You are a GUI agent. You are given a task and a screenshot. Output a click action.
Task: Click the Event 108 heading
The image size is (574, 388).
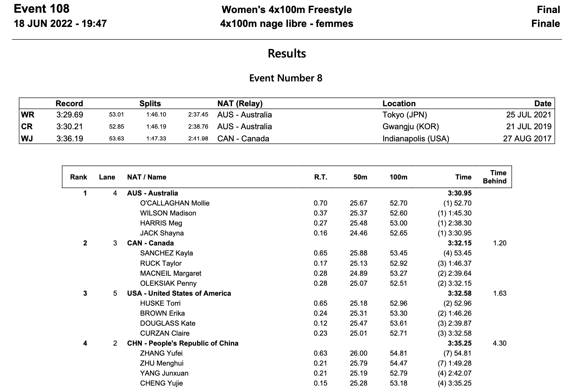tap(41, 9)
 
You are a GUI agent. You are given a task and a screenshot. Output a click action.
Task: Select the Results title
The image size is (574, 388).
tap(287, 54)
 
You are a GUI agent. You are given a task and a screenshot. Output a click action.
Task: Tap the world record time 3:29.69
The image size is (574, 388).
tap(70, 115)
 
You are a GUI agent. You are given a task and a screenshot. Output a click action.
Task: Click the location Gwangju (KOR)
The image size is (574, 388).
tap(411, 127)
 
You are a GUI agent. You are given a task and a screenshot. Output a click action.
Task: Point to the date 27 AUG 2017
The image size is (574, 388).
tap(527, 139)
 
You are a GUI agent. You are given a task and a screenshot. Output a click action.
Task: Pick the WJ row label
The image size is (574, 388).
tap(27, 139)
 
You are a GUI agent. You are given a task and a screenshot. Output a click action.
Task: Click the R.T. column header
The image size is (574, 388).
tap(320, 177)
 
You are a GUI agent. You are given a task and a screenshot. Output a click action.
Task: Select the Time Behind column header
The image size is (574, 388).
tap(494, 177)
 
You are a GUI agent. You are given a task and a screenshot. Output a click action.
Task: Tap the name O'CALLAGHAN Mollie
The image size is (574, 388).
tap(175, 203)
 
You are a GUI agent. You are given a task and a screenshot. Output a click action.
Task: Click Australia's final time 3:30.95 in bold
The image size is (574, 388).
tap(459, 193)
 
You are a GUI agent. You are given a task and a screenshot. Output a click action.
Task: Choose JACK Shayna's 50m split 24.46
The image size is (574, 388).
tap(358, 233)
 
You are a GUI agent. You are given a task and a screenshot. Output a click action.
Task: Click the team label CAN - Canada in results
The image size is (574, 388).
tap(150, 243)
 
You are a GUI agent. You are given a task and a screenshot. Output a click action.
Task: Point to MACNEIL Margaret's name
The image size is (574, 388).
tap(170, 273)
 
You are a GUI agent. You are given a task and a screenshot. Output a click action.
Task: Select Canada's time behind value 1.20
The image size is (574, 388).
tap(500, 243)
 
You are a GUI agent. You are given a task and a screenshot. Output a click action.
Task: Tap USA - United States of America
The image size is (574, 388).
tap(179, 293)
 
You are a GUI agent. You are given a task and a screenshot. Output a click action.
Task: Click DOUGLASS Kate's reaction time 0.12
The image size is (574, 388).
tap(320, 323)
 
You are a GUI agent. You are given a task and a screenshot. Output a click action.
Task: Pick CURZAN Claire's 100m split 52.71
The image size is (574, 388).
tap(398, 333)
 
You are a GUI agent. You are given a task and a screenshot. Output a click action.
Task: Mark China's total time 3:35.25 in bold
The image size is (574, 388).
tap(459, 343)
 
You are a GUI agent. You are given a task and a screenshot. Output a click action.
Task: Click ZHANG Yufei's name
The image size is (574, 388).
tap(161, 353)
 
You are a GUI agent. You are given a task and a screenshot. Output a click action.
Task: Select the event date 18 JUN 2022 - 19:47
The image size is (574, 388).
tap(60, 24)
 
